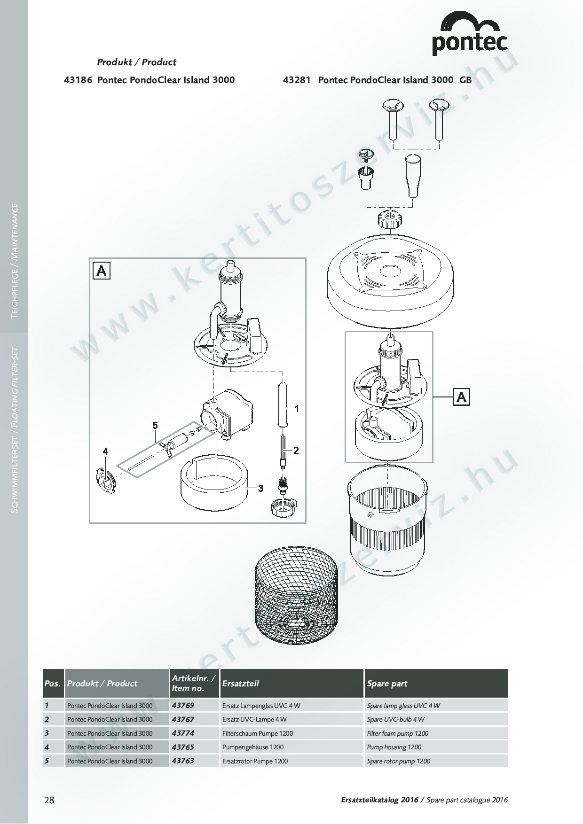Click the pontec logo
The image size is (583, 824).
click(470, 33)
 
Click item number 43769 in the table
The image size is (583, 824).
click(183, 705)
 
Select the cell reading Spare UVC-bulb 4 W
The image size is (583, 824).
click(395, 719)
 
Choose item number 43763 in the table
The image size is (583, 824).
click(183, 761)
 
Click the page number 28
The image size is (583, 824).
click(49, 800)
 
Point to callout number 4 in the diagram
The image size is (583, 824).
click(105, 451)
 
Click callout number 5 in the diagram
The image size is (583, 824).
click(155, 426)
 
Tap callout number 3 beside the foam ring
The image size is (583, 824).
click(260, 489)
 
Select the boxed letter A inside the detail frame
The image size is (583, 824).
click(102, 271)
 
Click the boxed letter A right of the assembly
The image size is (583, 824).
click(462, 397)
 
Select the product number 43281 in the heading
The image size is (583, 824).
click(297, 80)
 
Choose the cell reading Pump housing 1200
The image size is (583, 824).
click(394, 747)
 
